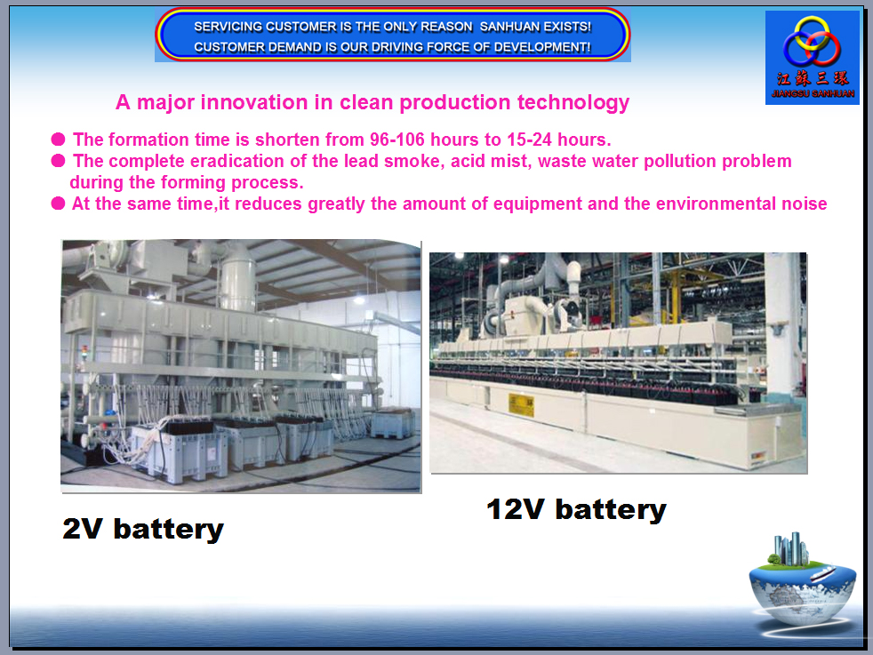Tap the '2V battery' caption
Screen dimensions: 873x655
click(x=143, y=528)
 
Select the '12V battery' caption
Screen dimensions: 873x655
click(x=576, y=509)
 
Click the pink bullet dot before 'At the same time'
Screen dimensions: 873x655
click(x=58, y=204)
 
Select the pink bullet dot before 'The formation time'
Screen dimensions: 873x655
click(x=58, y=139)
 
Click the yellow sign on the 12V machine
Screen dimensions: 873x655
click(x=521, y=404)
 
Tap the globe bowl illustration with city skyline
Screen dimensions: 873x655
click(x=802, y=584)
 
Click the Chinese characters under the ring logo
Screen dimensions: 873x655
click(x=813, y=78)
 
